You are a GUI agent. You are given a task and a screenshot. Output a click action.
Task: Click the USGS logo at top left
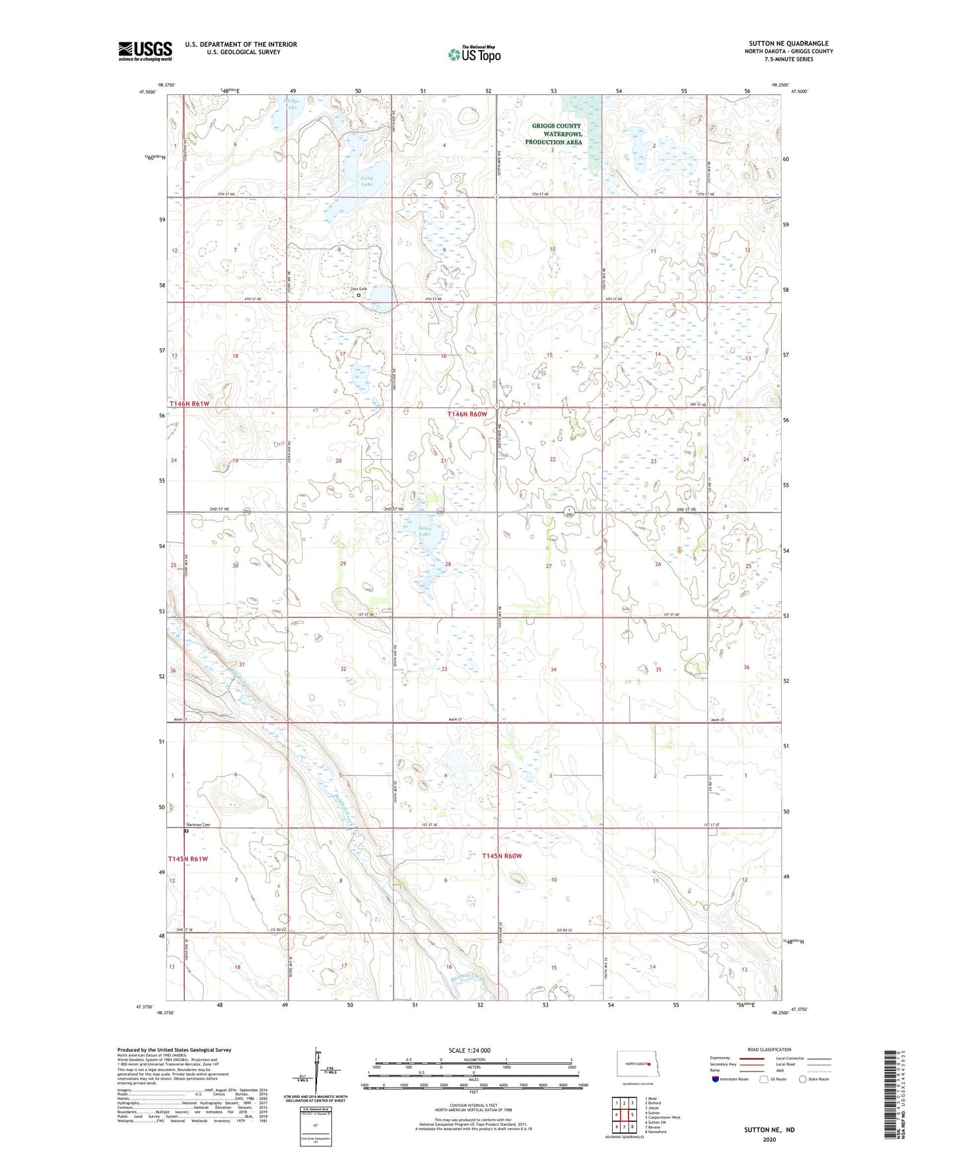pyautogui.click(x=145, y=51)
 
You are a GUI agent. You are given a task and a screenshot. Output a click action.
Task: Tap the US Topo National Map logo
pyautogui.click(x=474, y=54)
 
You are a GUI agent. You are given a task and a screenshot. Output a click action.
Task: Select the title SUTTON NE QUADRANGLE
pyautogui.click(x=788, y=44)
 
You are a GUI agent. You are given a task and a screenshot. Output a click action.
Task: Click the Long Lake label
pyautogui.click(x=366, y=181)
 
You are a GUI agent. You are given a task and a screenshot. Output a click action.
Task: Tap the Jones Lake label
pyautogui.click(x=425, y=531)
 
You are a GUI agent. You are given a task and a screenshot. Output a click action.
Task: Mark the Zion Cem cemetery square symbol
pyautogui.click(x=358, y=295)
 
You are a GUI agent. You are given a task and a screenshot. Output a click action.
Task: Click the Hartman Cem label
pyautogui.click(x=197, y=825)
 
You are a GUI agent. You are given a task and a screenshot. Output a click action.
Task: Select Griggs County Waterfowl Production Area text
pyautogui.click(x=557, y=133)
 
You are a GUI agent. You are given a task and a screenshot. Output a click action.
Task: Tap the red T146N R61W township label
pyautogui.click(x=189, y=403)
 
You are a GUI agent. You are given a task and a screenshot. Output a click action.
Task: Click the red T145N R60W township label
pyautogui.click(x=502, y=856)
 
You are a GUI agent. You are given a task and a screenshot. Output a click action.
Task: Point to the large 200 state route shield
pyautogui.click(x=568, y=512)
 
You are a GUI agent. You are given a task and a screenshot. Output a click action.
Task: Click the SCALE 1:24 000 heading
pyautogui.click(x=469, y=1051)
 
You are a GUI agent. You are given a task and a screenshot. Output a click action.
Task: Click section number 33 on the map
pyautogui.click(x=444, y=669)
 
